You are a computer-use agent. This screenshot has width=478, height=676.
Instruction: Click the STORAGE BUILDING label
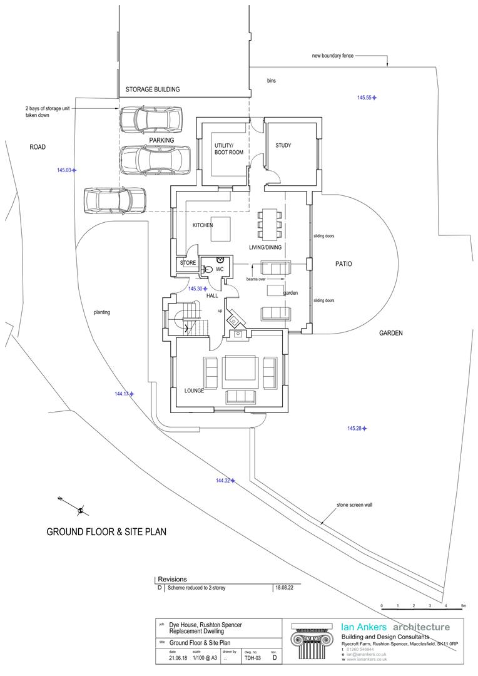pos(153,90)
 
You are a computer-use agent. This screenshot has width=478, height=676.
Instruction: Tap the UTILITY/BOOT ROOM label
pos(229,149)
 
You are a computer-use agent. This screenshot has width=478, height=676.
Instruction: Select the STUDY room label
pos(283,146)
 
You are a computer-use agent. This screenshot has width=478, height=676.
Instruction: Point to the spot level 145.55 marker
pos(367,98)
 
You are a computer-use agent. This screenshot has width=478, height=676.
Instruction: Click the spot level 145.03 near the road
pos(67,170)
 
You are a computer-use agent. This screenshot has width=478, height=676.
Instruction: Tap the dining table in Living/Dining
pos(270,225)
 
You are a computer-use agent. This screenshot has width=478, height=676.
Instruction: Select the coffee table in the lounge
pos(239,368)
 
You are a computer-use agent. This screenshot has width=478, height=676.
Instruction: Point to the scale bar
pos(423,608)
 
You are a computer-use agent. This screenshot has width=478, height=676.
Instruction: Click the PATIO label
pos(343,264)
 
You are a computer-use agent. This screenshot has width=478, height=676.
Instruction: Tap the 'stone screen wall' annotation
pos(354,505)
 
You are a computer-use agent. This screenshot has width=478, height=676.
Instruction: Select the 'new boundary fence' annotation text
pos(333,56)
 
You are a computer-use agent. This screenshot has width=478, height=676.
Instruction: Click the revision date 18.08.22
pos(283,588)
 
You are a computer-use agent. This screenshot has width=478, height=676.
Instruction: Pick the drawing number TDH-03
pos(253,658)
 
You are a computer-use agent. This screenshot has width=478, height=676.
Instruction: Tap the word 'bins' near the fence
pos(271,81)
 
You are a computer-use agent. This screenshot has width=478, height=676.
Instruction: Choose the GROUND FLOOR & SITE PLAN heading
pos(106,532)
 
